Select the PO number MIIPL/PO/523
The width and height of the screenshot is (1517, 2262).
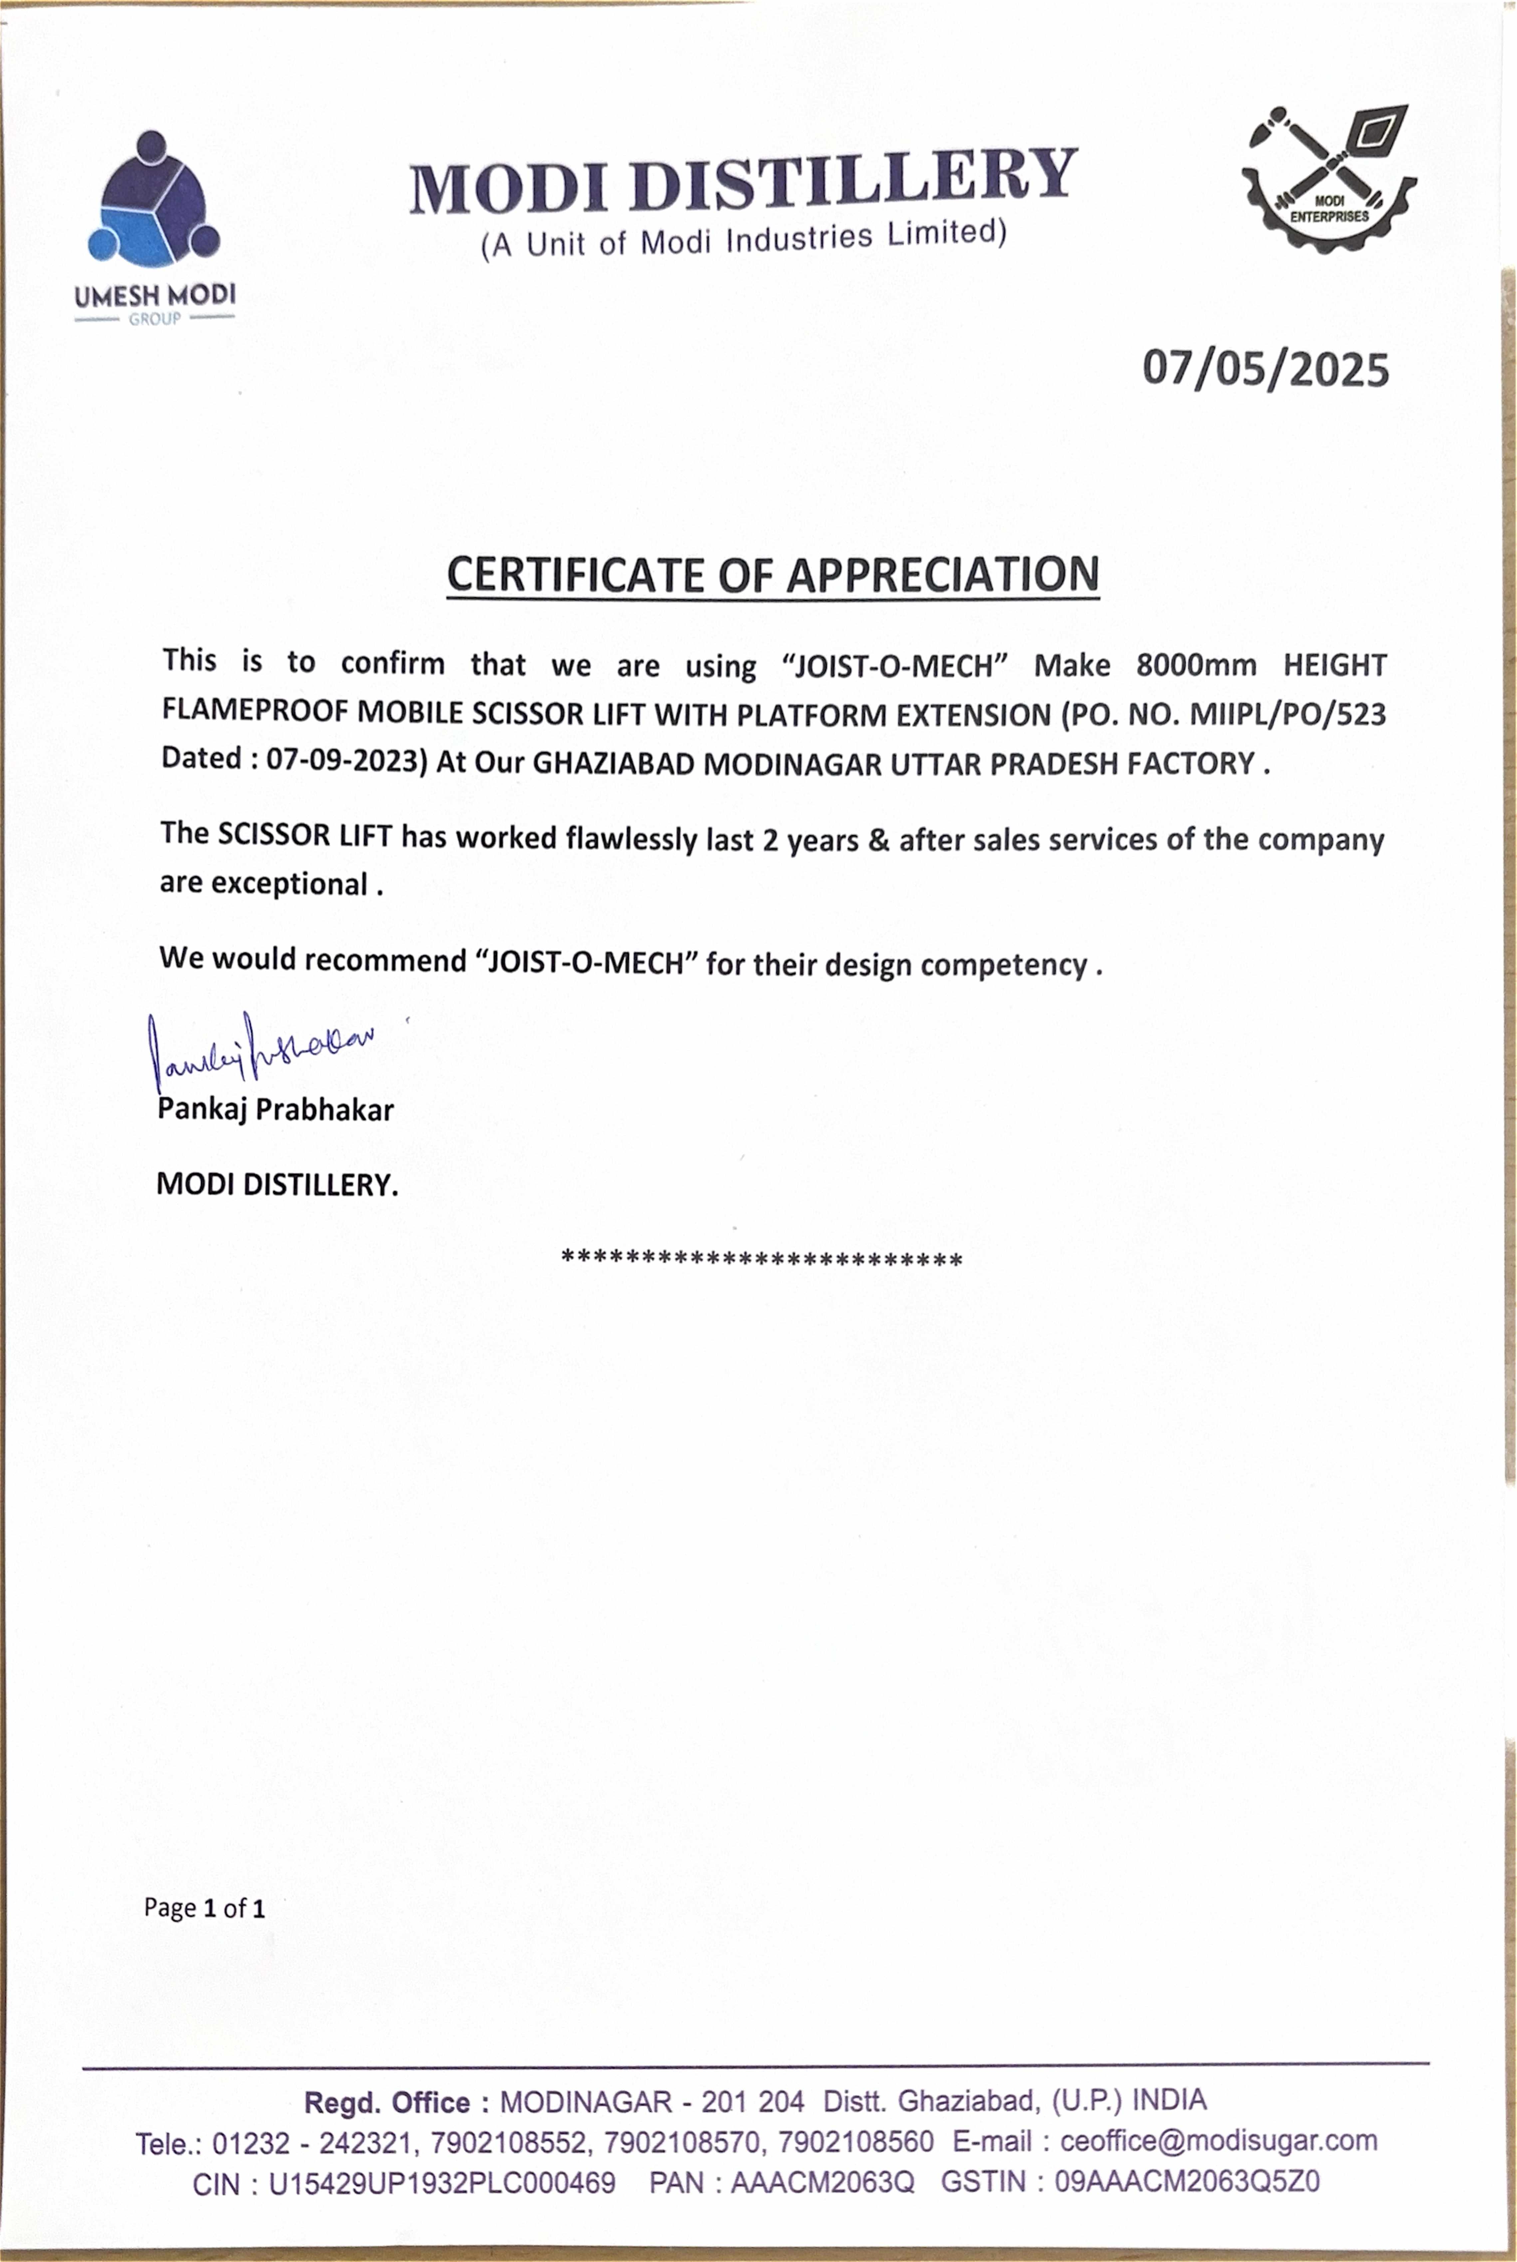coord(1287,714)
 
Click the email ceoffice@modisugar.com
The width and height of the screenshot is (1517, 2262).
coord(1218,2141)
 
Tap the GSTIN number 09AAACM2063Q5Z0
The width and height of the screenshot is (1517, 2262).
coord(1187,2183)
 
